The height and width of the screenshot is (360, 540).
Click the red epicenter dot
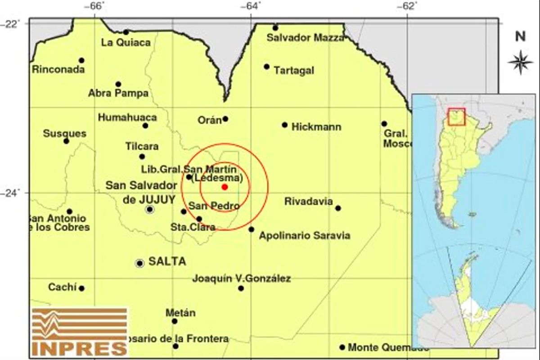pyautogui.click(x=225, y=187)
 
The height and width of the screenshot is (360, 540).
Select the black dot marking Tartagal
pyautogui.click(x=266, y=67)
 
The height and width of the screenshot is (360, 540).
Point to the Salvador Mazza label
pyautogui.click(x=305, y=38)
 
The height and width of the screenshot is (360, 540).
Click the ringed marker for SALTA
pyautogui.click(x=139, y=263)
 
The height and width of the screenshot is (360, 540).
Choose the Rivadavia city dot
pyautogui.click(x=338, y=208)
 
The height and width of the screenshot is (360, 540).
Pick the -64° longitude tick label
pyautogui.click(x=251, y=6)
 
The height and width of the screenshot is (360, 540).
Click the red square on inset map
pyautogui.click(x=456, y=117)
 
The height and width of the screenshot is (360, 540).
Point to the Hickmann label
pyautogui.click(x=316, y=127)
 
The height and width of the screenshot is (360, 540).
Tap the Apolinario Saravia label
pyautogui.click(x=304, y=235)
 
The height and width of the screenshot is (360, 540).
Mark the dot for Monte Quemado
pyautogui.click(x=342, y=347)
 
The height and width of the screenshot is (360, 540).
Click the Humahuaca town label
pyautogui.click(x=127, y=118)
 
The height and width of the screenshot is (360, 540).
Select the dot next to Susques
pyautogui.click(x=66, y=141)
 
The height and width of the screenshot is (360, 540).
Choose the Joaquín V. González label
pyautogui.click(x=241, y=279)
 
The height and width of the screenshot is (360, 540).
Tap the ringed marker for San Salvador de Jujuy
pyautogui.click(x=149, y=209)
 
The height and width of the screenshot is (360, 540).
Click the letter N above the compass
pyautogui.click(x=520, y=37)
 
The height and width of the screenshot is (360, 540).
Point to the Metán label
pyautogui.click(x=180, y=313)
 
